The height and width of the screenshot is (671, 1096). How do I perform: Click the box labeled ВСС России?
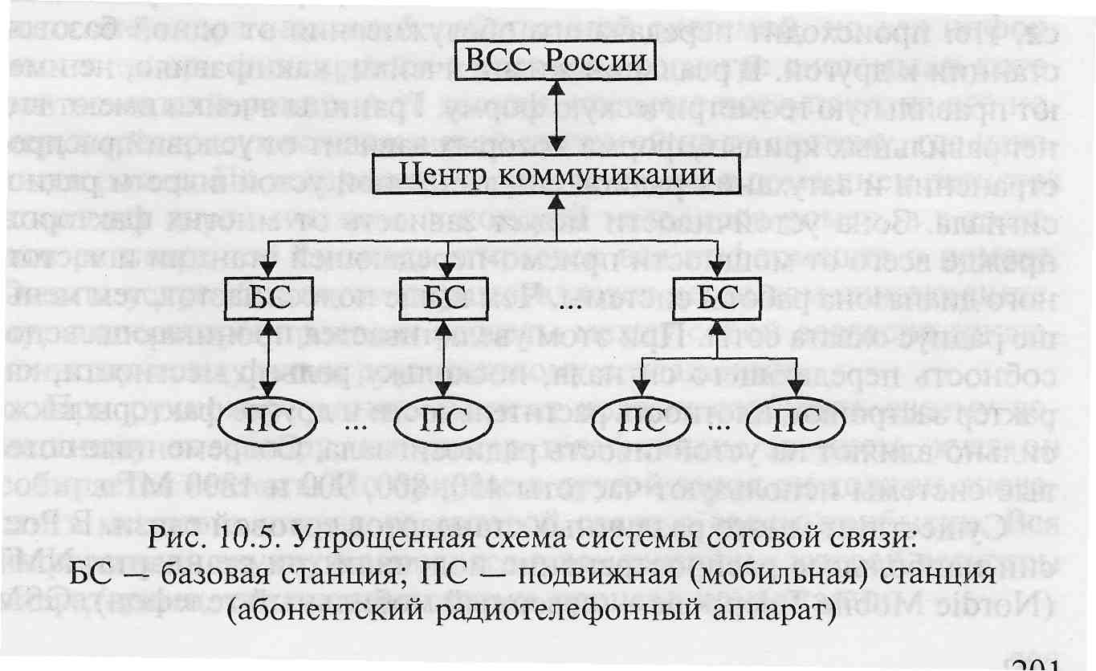click(556, 62)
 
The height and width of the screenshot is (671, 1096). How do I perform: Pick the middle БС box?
click(443, 297)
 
